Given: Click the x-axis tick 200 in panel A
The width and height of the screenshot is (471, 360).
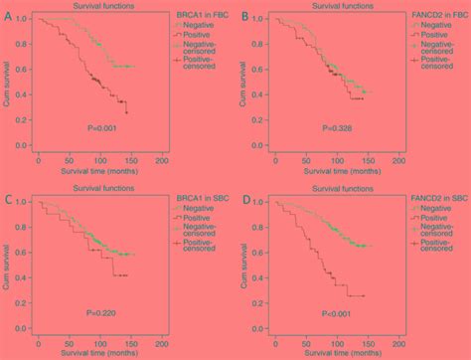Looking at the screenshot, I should click(162, 159).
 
